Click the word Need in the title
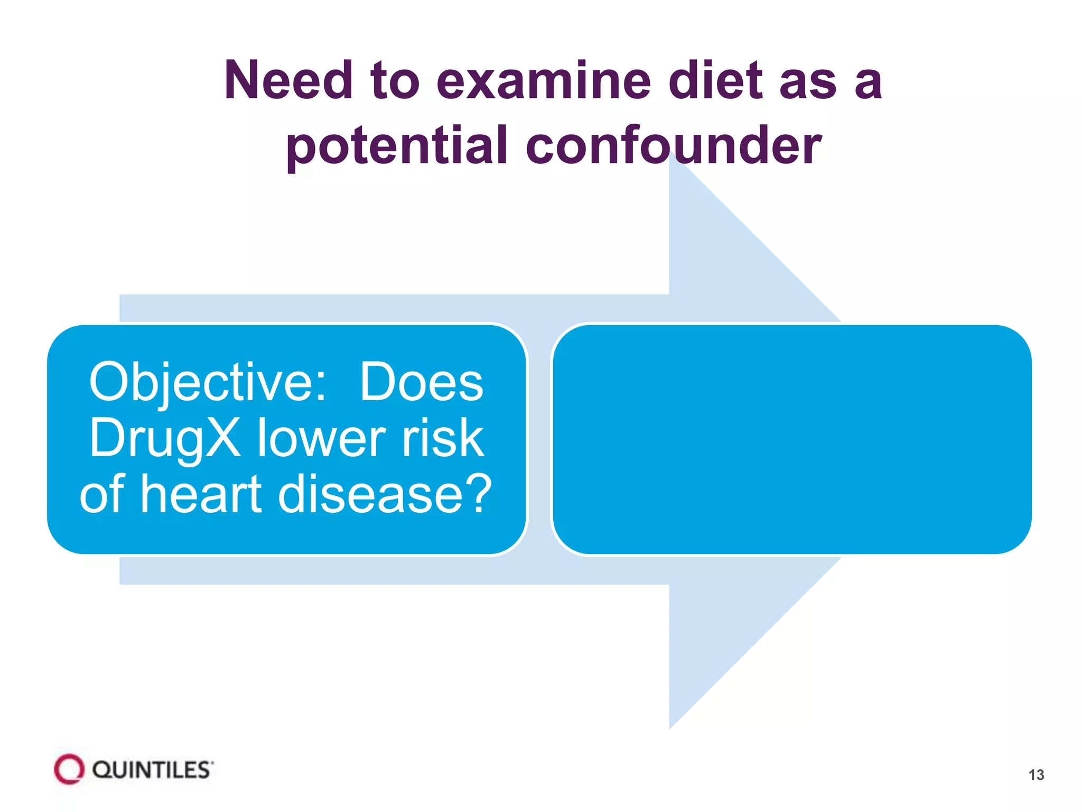tap(288, 80)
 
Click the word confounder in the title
tap(674, 145)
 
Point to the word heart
tap(201, 494)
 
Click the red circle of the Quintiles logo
tap(69, 769)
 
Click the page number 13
tap(1036, 775)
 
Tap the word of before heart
tap(102, 494)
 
